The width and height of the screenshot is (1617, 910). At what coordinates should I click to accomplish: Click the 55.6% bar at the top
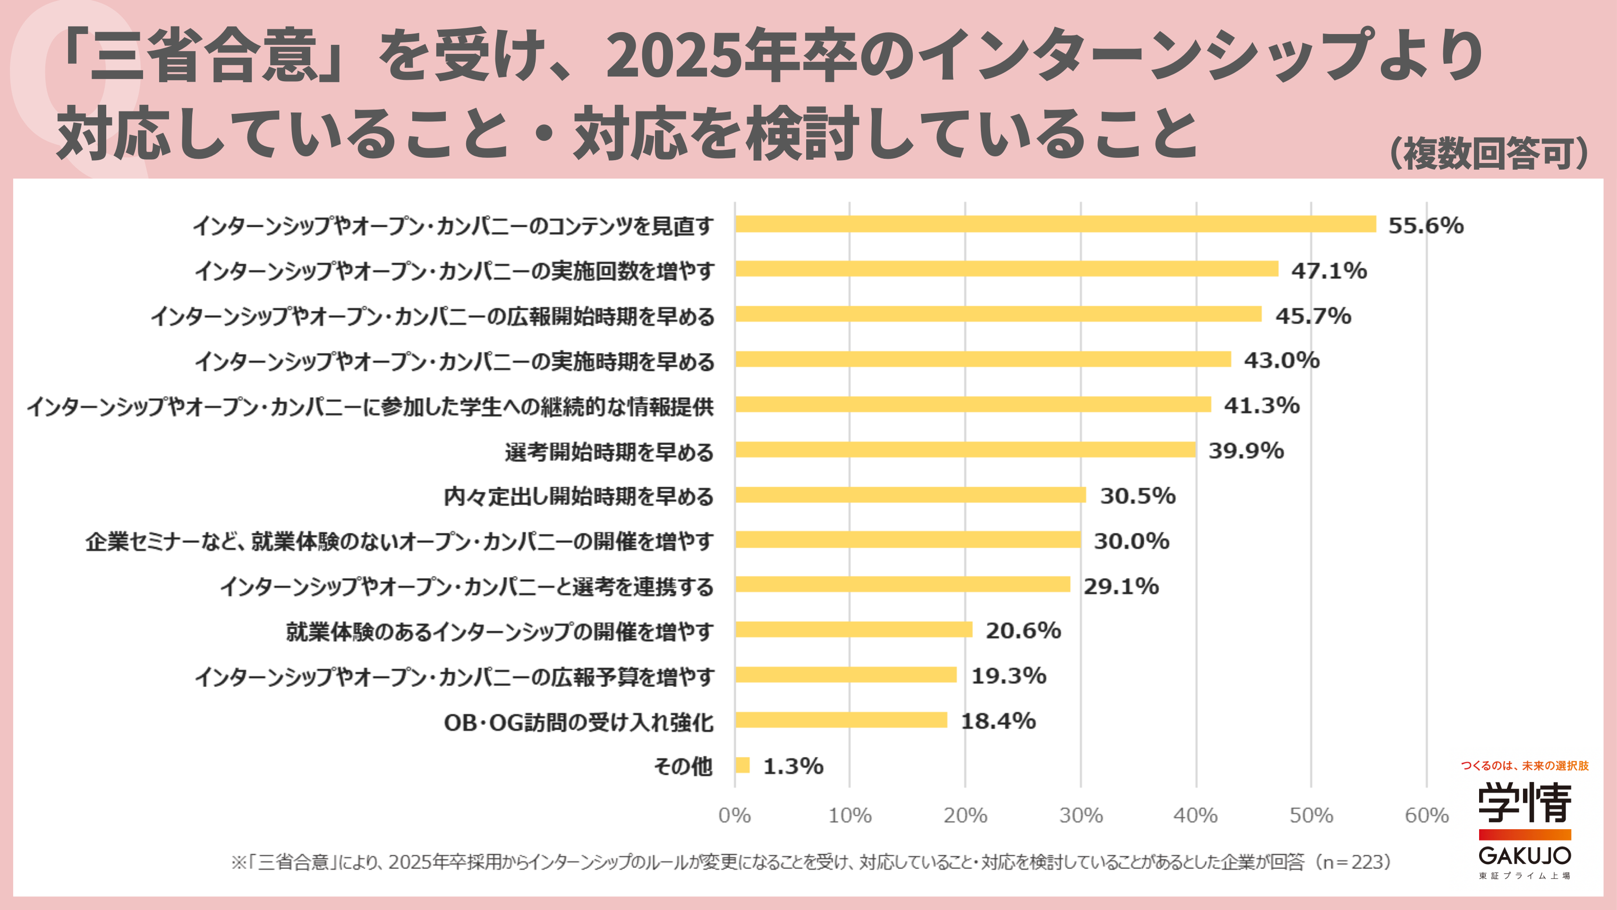(x=1055, y=224)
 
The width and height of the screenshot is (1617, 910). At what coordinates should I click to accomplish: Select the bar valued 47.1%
(x=1006, y=269)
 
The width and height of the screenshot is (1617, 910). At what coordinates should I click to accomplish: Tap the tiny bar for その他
(x=742, y=765)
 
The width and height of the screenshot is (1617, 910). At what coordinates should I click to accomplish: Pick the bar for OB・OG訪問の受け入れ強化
(x=841, y=720)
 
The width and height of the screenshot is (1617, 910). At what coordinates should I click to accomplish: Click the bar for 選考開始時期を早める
(x=965, y=450)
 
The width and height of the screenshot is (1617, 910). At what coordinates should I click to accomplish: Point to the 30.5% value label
(x=1137, y=496)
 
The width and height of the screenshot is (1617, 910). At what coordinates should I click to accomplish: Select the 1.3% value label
(x=793, y=766)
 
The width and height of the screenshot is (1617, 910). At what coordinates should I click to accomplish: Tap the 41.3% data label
(x=1262, y=406)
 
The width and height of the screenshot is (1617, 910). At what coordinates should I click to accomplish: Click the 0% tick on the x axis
(x=734, y=815)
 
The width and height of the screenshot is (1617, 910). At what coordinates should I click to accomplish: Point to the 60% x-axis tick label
(x=1426, y=815)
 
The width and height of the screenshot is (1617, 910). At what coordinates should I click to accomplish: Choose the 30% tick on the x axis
(x=1081, y=815)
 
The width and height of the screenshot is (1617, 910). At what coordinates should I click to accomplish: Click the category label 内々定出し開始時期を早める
(x=578, y=497)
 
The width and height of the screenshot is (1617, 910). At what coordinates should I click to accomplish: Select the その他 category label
(x=683, y=766)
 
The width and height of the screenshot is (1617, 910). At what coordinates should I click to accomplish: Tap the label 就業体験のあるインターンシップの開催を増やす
(x=500, y=632)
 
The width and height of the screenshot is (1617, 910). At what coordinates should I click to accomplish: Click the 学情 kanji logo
(x=1525, y=803)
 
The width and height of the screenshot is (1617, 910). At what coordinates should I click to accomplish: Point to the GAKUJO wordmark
(x=1525, y=855)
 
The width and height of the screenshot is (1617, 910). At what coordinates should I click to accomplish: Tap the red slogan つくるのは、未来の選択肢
(x=1525, y=765)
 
